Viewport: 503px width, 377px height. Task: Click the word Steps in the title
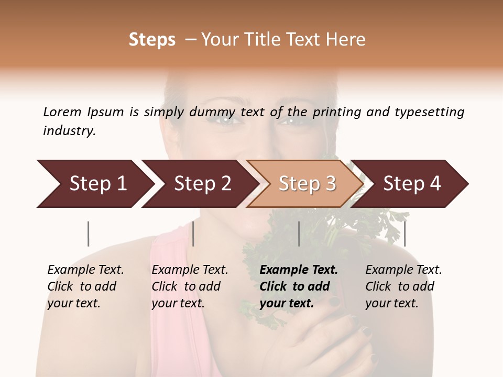point(152,40)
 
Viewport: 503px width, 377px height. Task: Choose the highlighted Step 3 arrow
point(307,184)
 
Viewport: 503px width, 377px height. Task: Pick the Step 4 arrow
point(412,184)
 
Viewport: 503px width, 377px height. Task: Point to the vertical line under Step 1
point(88,234)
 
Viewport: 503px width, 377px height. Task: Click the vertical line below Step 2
point(193,234)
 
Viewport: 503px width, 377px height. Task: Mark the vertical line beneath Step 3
point(299,234)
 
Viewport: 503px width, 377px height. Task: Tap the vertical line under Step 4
point(404,234)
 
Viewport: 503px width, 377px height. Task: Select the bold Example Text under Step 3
point(299,286)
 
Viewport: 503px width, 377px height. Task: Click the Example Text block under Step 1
point(85,286)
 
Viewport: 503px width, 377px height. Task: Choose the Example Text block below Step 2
point(190,286)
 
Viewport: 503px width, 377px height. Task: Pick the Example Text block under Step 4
point(403,286)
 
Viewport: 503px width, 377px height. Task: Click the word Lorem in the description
point(62,112)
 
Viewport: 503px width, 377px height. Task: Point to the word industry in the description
point(69,130)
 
